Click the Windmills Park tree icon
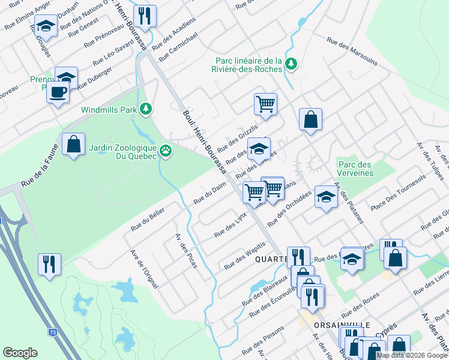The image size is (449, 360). point(145,109)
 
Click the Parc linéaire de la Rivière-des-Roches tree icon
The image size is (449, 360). point(291,64)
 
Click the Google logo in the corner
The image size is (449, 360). point(20,353)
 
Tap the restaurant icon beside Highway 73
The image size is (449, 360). point(48,263)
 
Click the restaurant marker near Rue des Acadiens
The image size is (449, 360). point(145,15)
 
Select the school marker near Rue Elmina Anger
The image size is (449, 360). point(46,25)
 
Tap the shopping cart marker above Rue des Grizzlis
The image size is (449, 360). point(265,104)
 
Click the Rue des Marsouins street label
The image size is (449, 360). point(352,52)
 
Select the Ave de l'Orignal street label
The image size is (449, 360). point(143,269)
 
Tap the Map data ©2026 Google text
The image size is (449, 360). point(411,355)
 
